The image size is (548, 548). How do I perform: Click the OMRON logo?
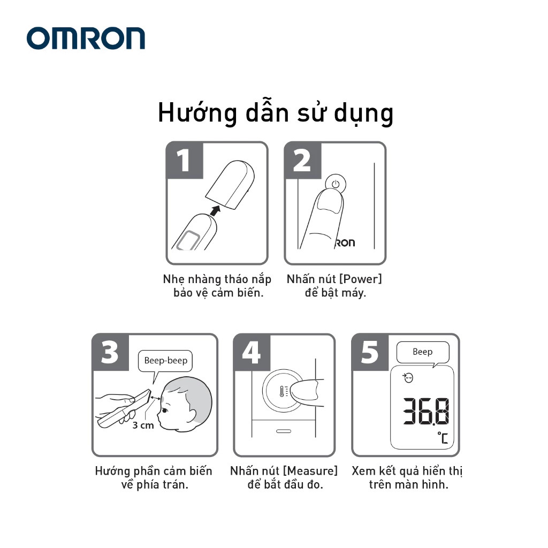click(x=86, y=38)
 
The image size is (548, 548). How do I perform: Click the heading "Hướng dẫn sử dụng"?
click(x=276, y=113)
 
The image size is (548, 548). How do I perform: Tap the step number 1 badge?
click(x=185, y=161)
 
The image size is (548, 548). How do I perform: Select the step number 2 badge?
click(x=303, y=161)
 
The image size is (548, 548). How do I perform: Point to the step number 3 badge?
click(x=110, y=352)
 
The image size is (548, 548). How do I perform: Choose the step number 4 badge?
click(x=252, y=352)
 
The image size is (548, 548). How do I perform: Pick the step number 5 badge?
click(x=370, y=352)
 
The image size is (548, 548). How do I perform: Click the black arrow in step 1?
click(x=216, y=211)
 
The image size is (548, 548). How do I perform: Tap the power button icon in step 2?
click(x=336, y=184)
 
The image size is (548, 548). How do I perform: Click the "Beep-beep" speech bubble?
click(x=165, y=361)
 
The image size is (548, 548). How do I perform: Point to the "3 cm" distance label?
click(x=143, y=425)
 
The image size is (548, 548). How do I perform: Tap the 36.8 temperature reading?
click(x=426, y=412)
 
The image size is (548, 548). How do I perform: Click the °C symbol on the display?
click(x=443, y=438)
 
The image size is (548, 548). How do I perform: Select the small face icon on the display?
click(x=408, y=378)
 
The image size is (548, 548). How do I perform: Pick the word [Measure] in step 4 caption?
click(x=310, y=471)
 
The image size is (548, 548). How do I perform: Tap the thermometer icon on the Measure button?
click(x=283, y=391)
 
